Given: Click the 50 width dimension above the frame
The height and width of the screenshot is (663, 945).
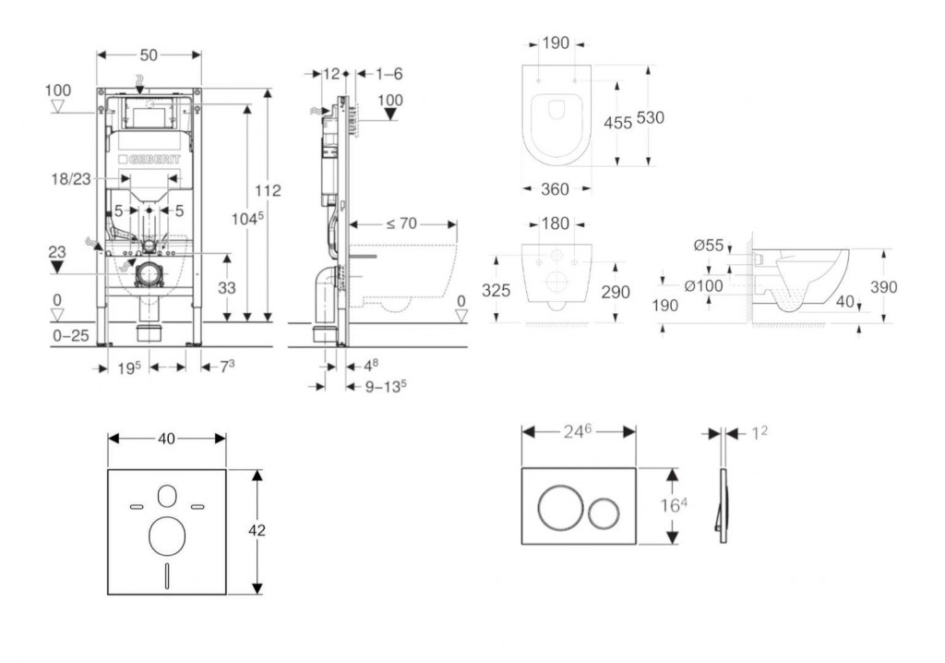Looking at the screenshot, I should (x=150, y=55).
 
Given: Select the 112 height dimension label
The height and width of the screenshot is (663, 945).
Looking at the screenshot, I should (x=269, y=191).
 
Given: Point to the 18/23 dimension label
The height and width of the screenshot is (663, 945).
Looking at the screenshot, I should (x=70, y=180).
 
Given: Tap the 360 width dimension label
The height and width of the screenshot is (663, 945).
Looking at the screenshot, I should (x=554, y=189).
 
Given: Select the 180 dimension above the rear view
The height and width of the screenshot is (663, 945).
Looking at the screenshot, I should (x=555, y=224).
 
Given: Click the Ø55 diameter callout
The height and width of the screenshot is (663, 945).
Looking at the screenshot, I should (x=708, y=246).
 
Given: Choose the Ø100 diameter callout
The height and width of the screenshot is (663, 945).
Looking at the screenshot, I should (x=704, y=285).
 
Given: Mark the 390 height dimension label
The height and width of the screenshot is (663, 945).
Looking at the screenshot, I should (x=884, y=287).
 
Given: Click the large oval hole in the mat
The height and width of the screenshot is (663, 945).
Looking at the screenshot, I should (x=167, y=535).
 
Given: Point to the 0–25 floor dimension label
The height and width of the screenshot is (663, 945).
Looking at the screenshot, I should (x=70, y=335).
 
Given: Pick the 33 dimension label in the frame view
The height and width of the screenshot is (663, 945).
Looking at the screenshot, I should (x=227, y=288).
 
